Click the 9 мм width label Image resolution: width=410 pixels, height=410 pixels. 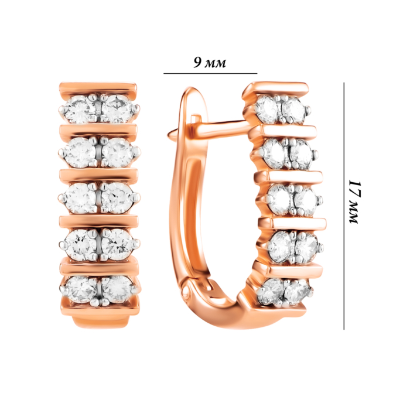(x=210, y=63)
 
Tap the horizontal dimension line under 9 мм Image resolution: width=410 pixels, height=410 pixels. (x=210, y=73)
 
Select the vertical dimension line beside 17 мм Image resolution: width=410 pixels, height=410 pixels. (x=344, y=206)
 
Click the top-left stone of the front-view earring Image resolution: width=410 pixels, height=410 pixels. (x=80, y=110)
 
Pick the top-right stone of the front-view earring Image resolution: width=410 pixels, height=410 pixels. (x=117, y=109)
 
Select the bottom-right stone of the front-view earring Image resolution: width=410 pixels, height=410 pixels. (x=117, y=289)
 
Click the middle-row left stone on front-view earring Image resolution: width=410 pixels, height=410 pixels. (x=80, y=198)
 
